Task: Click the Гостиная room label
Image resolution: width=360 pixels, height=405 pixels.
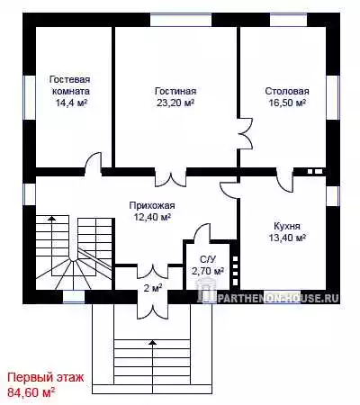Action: (175, 91)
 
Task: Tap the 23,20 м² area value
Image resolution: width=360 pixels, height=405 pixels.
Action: (175, 103)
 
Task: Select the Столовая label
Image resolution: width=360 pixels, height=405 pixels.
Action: (287, 91)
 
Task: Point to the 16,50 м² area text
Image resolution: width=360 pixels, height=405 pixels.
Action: (287, 103)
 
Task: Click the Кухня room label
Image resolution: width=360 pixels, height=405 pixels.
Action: (287, 226)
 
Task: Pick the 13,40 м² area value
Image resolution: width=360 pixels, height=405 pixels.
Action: (287, 238)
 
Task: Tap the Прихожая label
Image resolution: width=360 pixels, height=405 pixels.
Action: (152, 205)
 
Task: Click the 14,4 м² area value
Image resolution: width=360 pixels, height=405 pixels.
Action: (71, 103)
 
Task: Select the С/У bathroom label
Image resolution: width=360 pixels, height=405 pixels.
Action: (208, 259)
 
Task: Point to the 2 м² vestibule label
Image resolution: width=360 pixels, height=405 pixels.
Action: (153, 288)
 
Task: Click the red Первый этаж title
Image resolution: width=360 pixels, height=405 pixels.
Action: (46, 377)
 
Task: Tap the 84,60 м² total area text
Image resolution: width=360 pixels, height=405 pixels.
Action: (31, 391)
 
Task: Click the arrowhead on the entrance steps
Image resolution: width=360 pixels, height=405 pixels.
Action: (153, 342)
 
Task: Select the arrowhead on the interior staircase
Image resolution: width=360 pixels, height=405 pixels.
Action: (52, 218)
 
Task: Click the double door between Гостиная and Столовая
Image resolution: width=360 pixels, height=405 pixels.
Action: (246, 133)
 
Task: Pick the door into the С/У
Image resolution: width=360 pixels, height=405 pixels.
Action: (202, 231)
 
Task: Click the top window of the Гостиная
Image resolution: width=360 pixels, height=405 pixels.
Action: (181, 20)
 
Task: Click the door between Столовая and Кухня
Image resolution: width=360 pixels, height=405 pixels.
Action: (284, 180)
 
